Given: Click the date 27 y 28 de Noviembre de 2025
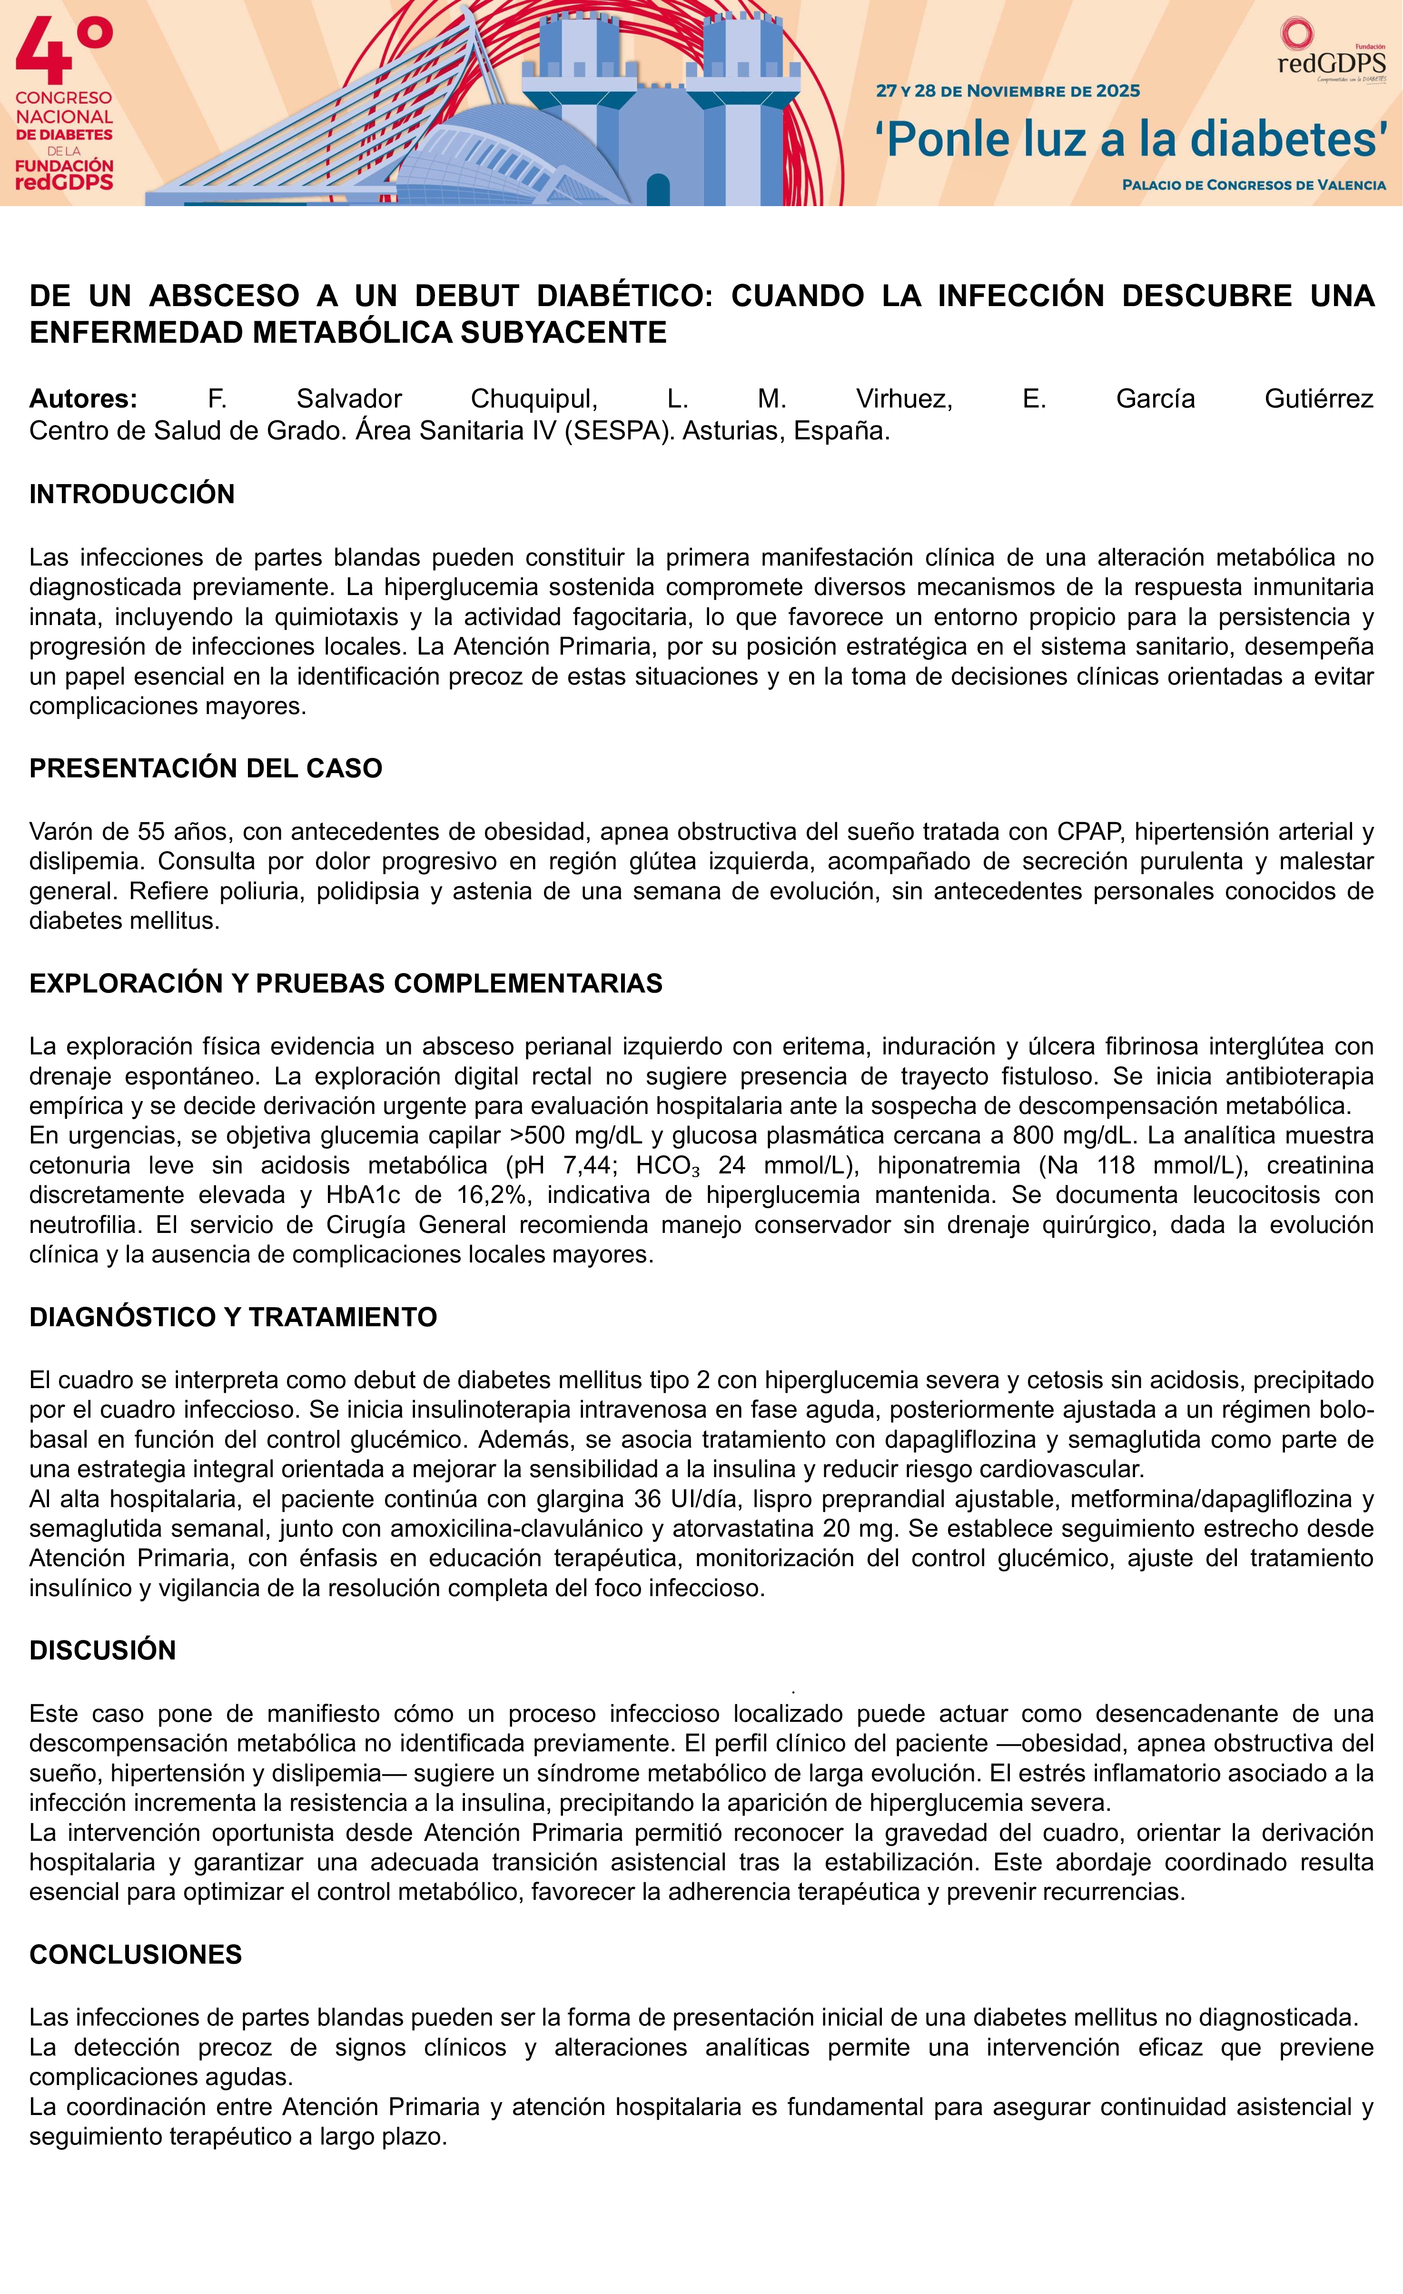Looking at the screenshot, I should pyautogui.click(x=1008, y=91).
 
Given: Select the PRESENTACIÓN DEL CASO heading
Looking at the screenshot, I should pyautogui.click(x=206, y=768).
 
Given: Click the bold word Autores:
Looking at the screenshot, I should pyautogui.click(x=83, y=398).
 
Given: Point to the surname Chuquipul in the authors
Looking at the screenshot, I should pyautogui.click(x=534, y=398).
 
